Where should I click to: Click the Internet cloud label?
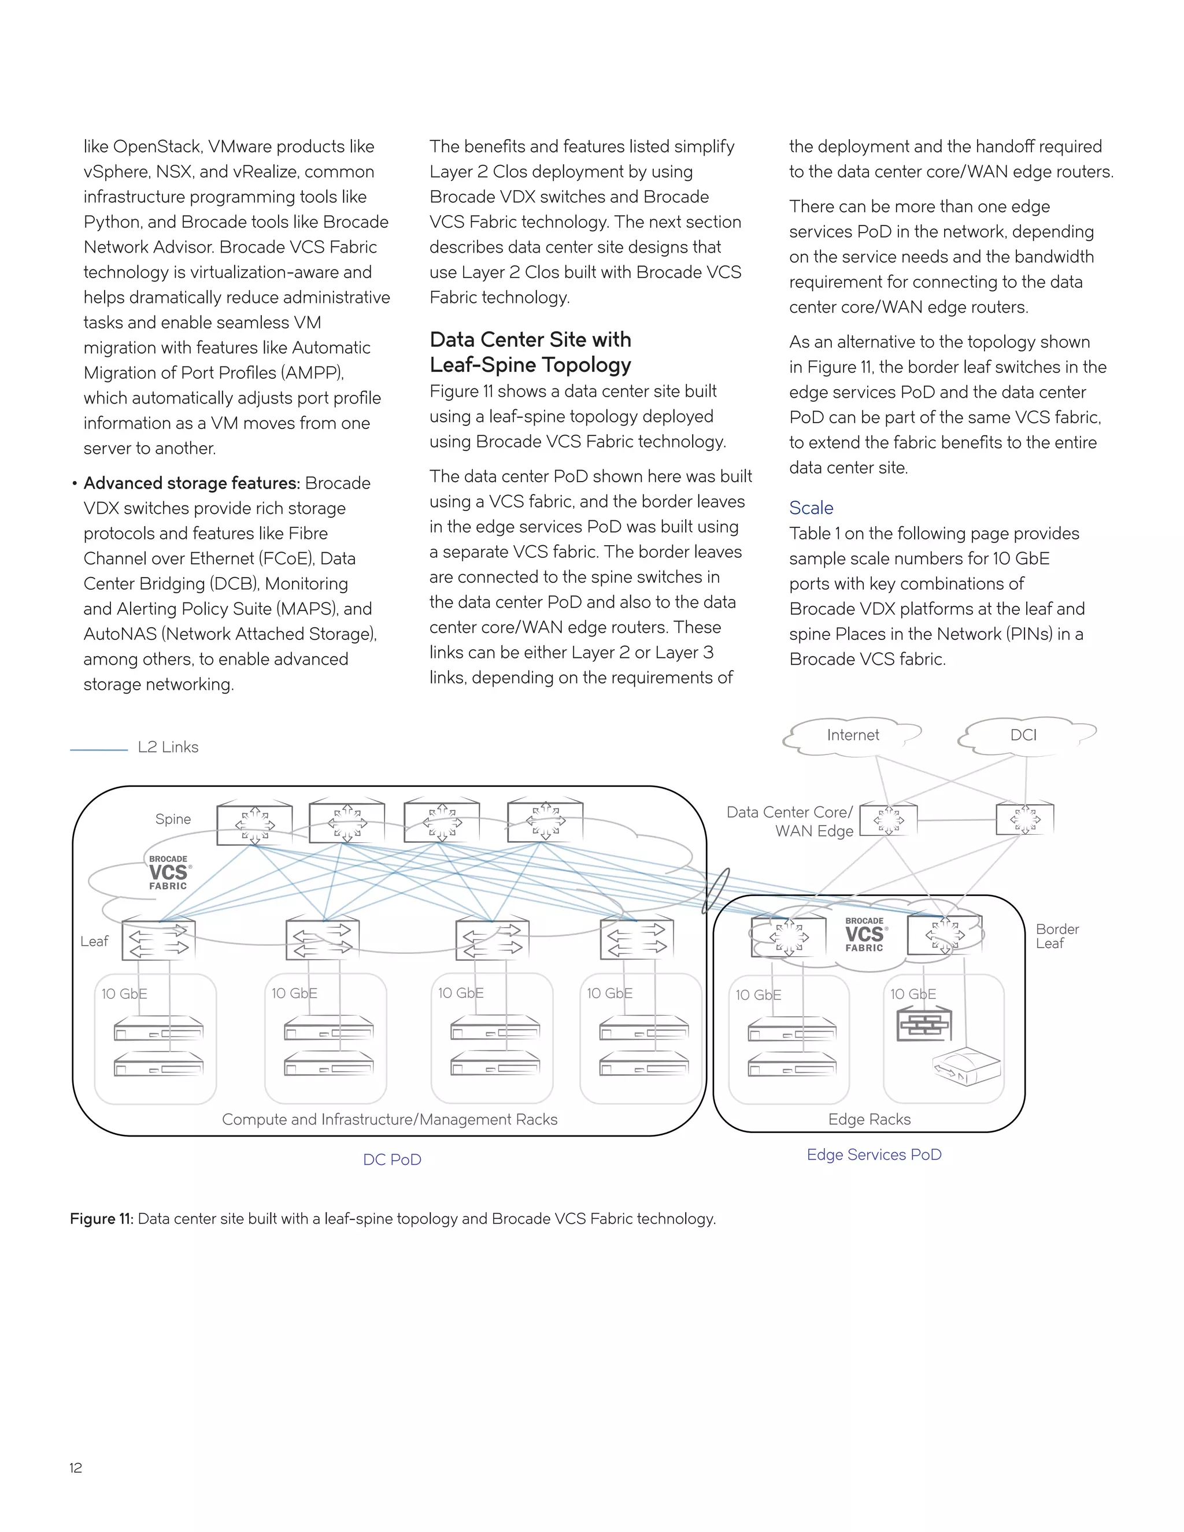click(x=852, y=735)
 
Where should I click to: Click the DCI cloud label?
click(x=1023, y=735)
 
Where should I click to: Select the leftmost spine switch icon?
click(x=254, y=823)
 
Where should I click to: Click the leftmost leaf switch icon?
click(x=158, y=940)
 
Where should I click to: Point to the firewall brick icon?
click(x=924, y=1025)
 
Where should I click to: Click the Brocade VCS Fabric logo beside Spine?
click(x=168, y=872)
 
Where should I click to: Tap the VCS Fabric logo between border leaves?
click(x=864, y=934)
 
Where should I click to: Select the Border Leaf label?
click(x=1056, y=937)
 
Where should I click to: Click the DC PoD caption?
click(x=392, y=1160)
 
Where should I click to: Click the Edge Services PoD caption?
click(x=874, y=1154)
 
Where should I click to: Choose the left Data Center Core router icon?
click(x=888, y=819)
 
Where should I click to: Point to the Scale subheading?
click(x=811, y=508)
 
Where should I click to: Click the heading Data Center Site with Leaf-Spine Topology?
click(x=530, y=352)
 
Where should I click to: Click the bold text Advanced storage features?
click(x=191, y=483)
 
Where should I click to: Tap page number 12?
click(x=76, y=1467)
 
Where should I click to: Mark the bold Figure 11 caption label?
click(x=101, y=1219)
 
